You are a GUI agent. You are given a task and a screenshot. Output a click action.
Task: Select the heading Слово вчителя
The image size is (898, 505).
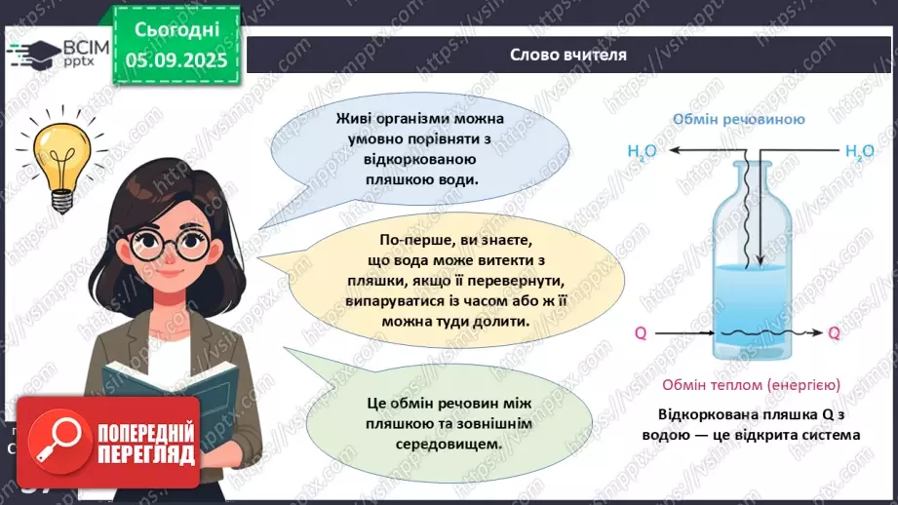click(568, 55)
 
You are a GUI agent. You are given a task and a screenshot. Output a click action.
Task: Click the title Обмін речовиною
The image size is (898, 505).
click(737, 120)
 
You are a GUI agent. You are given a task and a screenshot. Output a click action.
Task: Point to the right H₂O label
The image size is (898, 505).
click(859, 151)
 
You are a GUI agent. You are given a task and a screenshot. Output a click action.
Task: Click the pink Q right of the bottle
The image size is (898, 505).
click(835, 333)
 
